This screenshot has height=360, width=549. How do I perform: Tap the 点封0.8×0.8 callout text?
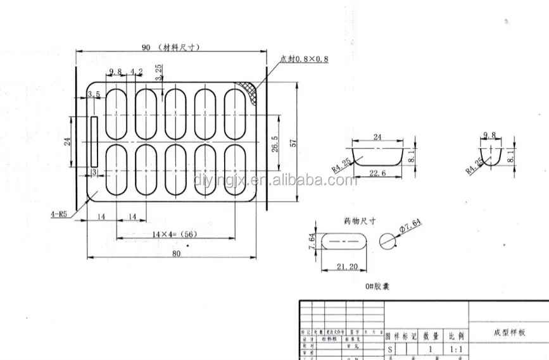coord(305,59)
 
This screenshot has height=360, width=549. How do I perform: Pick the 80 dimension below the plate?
coord(175,253)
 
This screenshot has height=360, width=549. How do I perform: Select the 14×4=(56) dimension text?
coord(172,234)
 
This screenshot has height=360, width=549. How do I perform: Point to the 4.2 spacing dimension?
coord(136,71)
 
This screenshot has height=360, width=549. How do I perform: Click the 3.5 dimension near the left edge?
coord(94,95)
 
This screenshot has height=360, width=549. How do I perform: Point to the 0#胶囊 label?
coord(377,287)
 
